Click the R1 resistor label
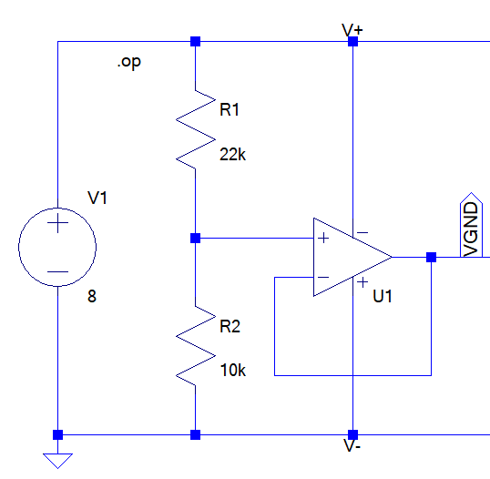(230, 109)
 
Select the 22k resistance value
(233, 155)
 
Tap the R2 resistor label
(230, 327)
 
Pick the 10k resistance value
(233, 371)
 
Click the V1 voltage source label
(97, 198)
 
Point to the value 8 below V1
(92, 296)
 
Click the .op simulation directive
(129, 62)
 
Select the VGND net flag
(471, 225)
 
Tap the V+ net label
(352, 31)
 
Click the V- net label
(352, 445)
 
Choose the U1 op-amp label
(383, 296)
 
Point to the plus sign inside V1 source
(57, 223)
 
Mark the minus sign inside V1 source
(57, 272)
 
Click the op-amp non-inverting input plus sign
(323, 238)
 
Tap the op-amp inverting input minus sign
(323, 277)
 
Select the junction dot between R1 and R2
(195, 238)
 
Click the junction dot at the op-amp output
(431, 258)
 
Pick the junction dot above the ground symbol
(57, 434)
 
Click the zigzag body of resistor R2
(196, 346)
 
